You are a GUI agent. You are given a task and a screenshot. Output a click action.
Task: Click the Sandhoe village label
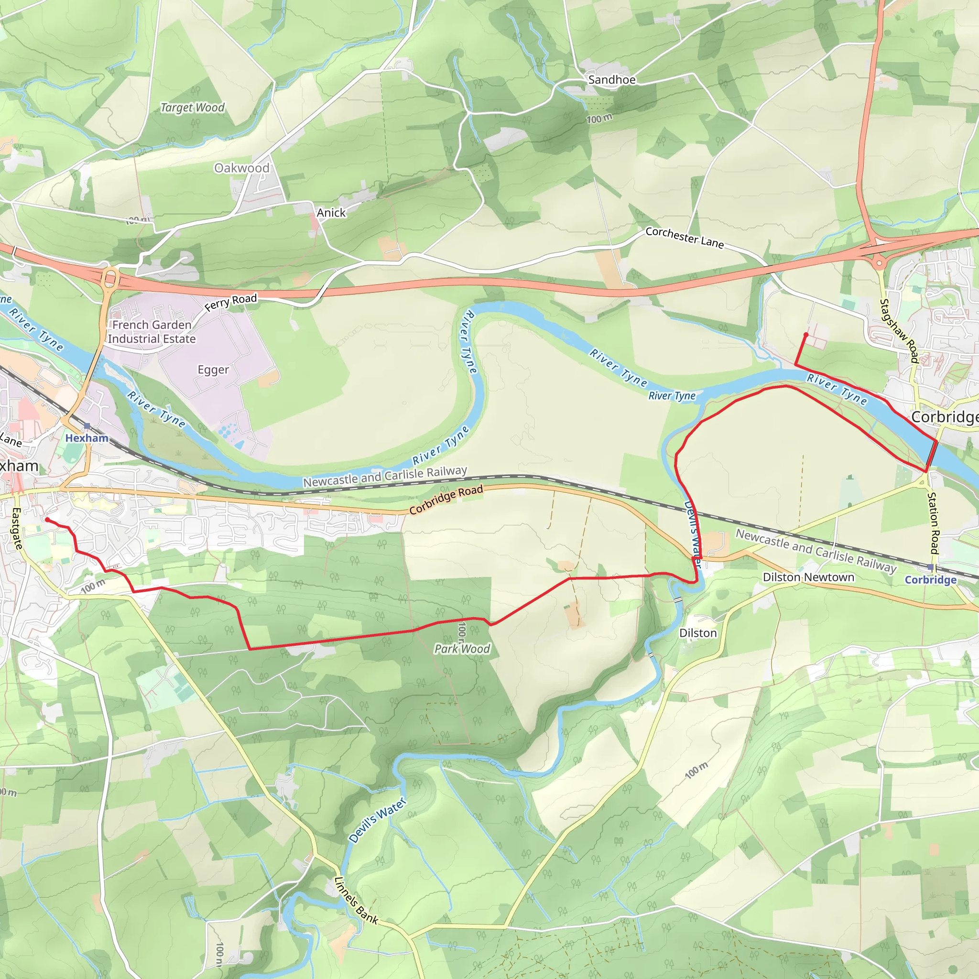pyautogui.click(x=611, y=79)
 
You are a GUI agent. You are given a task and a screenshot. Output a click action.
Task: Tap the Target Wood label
pyautogui.click(x=192, y=108)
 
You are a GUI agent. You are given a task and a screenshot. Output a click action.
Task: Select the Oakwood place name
pyautogui.click(x=242, y=168)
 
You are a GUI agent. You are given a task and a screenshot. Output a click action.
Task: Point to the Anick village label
pyautogui.click(x=331, y=213)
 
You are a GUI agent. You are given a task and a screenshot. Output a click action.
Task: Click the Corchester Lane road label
pyautogui.click(x=684, y=237)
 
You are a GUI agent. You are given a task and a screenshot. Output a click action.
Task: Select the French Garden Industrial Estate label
pyautogui.click(x=152, y=332)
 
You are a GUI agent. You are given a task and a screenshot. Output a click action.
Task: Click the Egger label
pyautogui.click(x=213, y=370)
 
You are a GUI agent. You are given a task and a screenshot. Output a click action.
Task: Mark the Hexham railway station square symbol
pyautogui.click(x=87, y=426)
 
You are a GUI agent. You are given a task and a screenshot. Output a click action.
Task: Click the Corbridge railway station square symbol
pyautogui.click(x=930, y=567)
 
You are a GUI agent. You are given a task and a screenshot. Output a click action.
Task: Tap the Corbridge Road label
pyautogui.click(x=446, y=500)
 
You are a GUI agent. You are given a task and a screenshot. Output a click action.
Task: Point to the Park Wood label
pyautogui.click(x=462, y=649)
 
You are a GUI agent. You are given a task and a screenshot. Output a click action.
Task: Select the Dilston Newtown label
pyautogui.click(x=808, y=577)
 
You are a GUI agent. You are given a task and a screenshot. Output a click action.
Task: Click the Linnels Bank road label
pyautogui.click(x=356, y=901)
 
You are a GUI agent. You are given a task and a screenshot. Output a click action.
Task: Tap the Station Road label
pyautogui.click(x=934, y=522)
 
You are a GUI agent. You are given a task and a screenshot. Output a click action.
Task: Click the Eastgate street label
pyautogui.click(x=17, y=529)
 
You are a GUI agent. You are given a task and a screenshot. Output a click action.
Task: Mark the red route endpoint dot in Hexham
pyautogui.click(x=47, y=520)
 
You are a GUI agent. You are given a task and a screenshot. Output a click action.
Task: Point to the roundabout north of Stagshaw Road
pyautogui.click(x=879, y=262)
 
